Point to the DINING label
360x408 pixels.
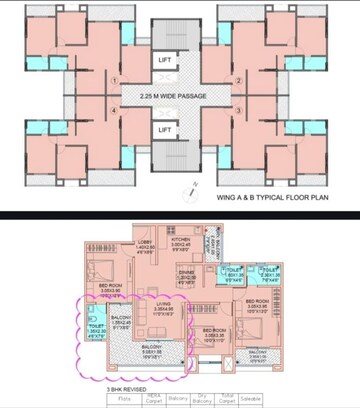[x=187, y=273]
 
